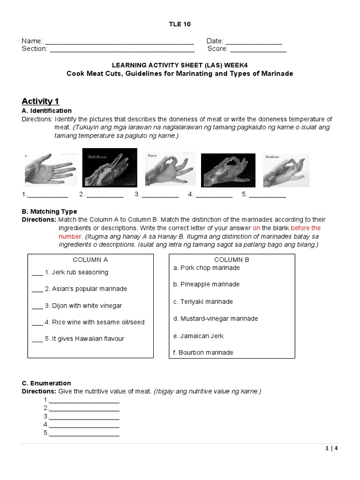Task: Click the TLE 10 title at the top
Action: tap(180, 24)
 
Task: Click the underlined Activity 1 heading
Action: tap(40, 101)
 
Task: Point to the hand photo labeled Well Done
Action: tap(110, 167)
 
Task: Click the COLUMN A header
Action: tap(90, 260)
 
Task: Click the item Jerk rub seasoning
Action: tap(76, 272)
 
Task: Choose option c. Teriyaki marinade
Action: tap(203, 301)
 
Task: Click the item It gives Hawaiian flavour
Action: tap(84, 339)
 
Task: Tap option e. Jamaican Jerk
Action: tap(198, 336)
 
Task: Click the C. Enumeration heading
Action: tap(46, 383)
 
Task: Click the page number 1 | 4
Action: tap(331, 448)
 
